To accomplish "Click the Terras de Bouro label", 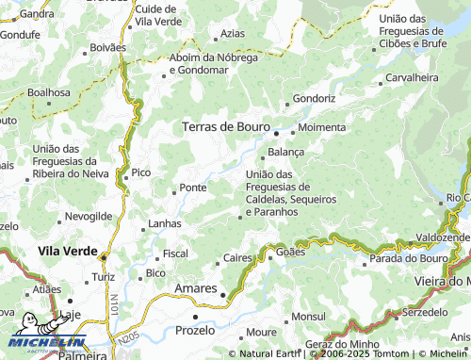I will click(x=225, y=126).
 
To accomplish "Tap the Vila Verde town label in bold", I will click(x=68, y=252).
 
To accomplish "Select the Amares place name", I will click(x=196, y=288).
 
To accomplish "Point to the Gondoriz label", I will click(x=314, y=98).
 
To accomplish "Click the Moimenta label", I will click(x=321, y=127).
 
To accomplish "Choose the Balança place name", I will click(x=286, y=152).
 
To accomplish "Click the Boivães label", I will click(x=106, y=46).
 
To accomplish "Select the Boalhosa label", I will click(x=49, y=92).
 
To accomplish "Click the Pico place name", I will click(x=140, y=172).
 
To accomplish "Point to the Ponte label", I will click(x=193, y=188).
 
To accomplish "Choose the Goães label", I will click(x=292, y=253).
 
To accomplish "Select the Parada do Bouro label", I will click(x=408, y=258).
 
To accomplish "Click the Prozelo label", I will click(x=197, y=331).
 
